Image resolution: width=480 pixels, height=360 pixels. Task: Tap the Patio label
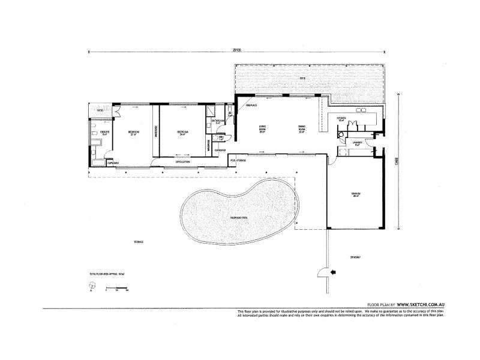coord(101,111)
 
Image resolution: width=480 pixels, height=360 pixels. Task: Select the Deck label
coord(303,79)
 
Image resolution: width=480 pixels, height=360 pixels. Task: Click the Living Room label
coord(262,128)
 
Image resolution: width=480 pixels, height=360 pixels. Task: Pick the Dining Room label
coord(302,128)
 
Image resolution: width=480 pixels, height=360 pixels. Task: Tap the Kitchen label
coord(341,119)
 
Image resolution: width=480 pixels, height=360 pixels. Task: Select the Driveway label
coord(355,257)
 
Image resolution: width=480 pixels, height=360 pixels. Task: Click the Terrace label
coord(139,241)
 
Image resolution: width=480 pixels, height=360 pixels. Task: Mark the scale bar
coord(116,290)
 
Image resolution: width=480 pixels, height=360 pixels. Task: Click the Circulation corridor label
coord(182,162)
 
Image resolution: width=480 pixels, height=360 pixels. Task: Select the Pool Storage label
coord(238,160)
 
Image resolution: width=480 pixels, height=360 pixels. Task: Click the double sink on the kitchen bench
coord(362,110)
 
